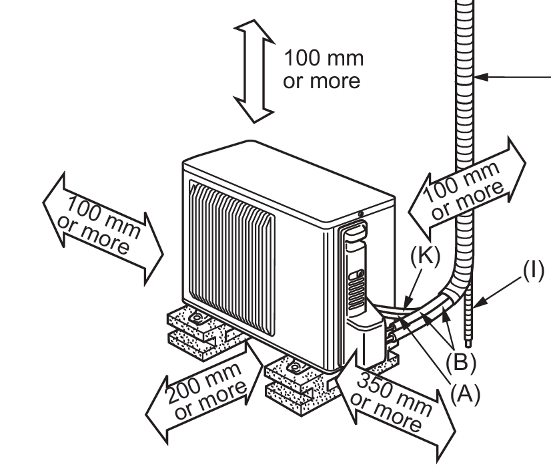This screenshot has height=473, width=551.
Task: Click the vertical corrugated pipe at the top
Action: (466, 27)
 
